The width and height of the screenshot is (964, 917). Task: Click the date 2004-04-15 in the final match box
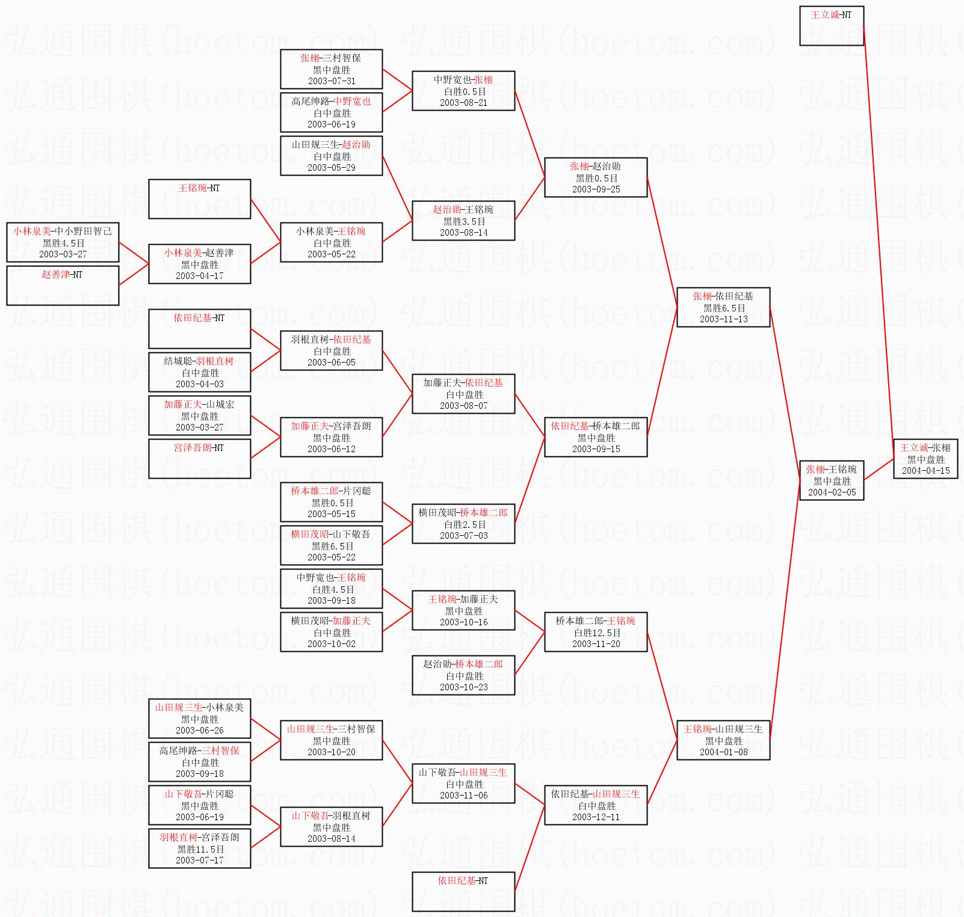(925, 471)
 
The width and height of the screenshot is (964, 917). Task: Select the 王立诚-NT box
(831, 25)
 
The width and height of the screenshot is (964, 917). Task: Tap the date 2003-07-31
(332, 81)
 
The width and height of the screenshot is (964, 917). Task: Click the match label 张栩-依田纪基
(723, 296)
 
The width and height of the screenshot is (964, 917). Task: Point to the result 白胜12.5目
(596, 633)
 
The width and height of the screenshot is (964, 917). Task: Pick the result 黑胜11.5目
(200, 849)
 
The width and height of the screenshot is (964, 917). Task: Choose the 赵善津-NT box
(63, 285)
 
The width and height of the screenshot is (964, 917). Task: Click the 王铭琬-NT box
(199, 198)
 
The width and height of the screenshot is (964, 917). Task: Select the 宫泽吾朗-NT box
(199, 458)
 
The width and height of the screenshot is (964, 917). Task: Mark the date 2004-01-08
(723, 752)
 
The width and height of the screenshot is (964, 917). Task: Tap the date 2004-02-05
(832, 492)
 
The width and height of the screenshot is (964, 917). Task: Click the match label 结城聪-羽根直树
(199, 361)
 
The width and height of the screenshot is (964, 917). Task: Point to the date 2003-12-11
(596, 817)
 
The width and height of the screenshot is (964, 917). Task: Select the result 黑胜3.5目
(463, 221)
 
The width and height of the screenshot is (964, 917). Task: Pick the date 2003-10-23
(463, 687)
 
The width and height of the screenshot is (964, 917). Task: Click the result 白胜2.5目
(463, 524)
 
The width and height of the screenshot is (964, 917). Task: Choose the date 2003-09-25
(596, 189)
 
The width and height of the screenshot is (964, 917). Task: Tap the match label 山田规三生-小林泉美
(199, 707)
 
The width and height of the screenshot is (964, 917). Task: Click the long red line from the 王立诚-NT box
(879, 241)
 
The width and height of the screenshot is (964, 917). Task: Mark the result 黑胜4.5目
(63, 243)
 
